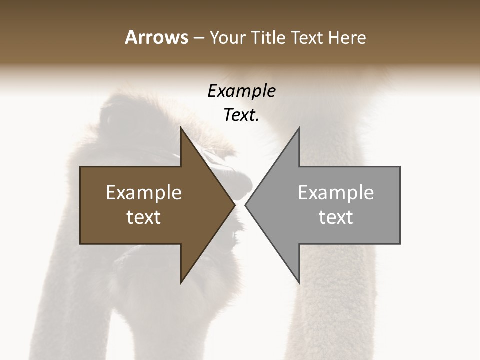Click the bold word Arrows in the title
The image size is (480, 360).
[x=156, y=37]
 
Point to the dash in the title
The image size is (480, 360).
[x=198, y=38]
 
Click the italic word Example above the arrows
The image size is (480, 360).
[x=241, y=91]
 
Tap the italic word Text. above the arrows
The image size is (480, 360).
[x=241, y=115]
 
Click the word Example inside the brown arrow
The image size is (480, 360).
[x=144, y=193]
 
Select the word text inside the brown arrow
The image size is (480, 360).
[x=144, y=217]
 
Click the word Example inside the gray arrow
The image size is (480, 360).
[x=336, y=193]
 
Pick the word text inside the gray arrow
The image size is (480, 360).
[x=336, y=217]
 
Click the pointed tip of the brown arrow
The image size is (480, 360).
[x=235, y=205]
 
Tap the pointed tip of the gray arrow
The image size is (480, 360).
[x=245, y=205]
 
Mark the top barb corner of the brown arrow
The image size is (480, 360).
[x=181, y=127]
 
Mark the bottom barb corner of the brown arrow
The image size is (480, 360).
[x=181, y=283]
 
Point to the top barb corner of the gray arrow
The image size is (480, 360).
[x=299, y=127]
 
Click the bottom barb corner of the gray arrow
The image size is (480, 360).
[x=299, y=283]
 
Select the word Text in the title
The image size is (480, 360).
[x=307, y=38]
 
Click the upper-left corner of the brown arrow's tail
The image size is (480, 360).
[x=81, y=167]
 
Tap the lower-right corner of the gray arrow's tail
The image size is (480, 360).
[x=400, y=243]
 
